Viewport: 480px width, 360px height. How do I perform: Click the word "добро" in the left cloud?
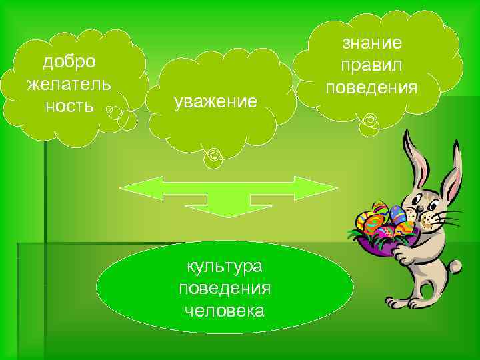pos(69,62)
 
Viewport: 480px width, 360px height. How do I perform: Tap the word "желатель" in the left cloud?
pos(69,85)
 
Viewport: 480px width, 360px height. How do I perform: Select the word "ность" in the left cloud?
pos(69,107)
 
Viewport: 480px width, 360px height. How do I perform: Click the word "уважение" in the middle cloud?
pos(215,102)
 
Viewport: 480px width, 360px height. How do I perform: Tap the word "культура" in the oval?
pos(224,267)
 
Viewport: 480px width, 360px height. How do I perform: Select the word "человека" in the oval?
pos(224,311)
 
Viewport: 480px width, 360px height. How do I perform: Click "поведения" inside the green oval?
pos(224,289)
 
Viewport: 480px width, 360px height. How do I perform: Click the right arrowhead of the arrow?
pos(317,188)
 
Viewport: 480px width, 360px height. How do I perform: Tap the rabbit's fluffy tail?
pos(455,267)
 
